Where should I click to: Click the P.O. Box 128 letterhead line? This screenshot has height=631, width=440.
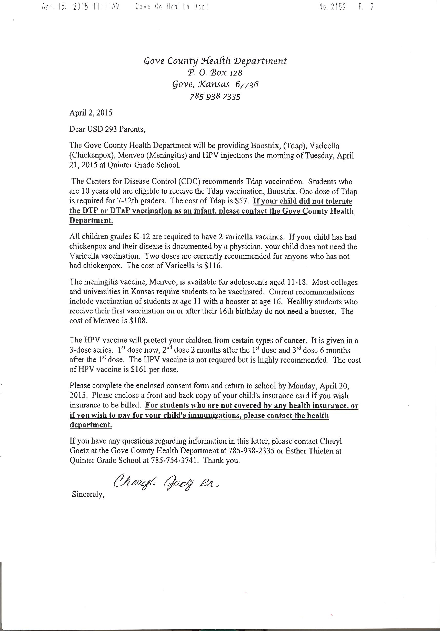215,72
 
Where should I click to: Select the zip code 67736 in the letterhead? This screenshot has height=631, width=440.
247,84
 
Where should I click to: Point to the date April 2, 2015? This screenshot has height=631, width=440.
91,113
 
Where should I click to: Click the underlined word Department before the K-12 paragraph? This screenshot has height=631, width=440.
91,221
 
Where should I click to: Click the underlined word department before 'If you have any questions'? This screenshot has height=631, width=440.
91,425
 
